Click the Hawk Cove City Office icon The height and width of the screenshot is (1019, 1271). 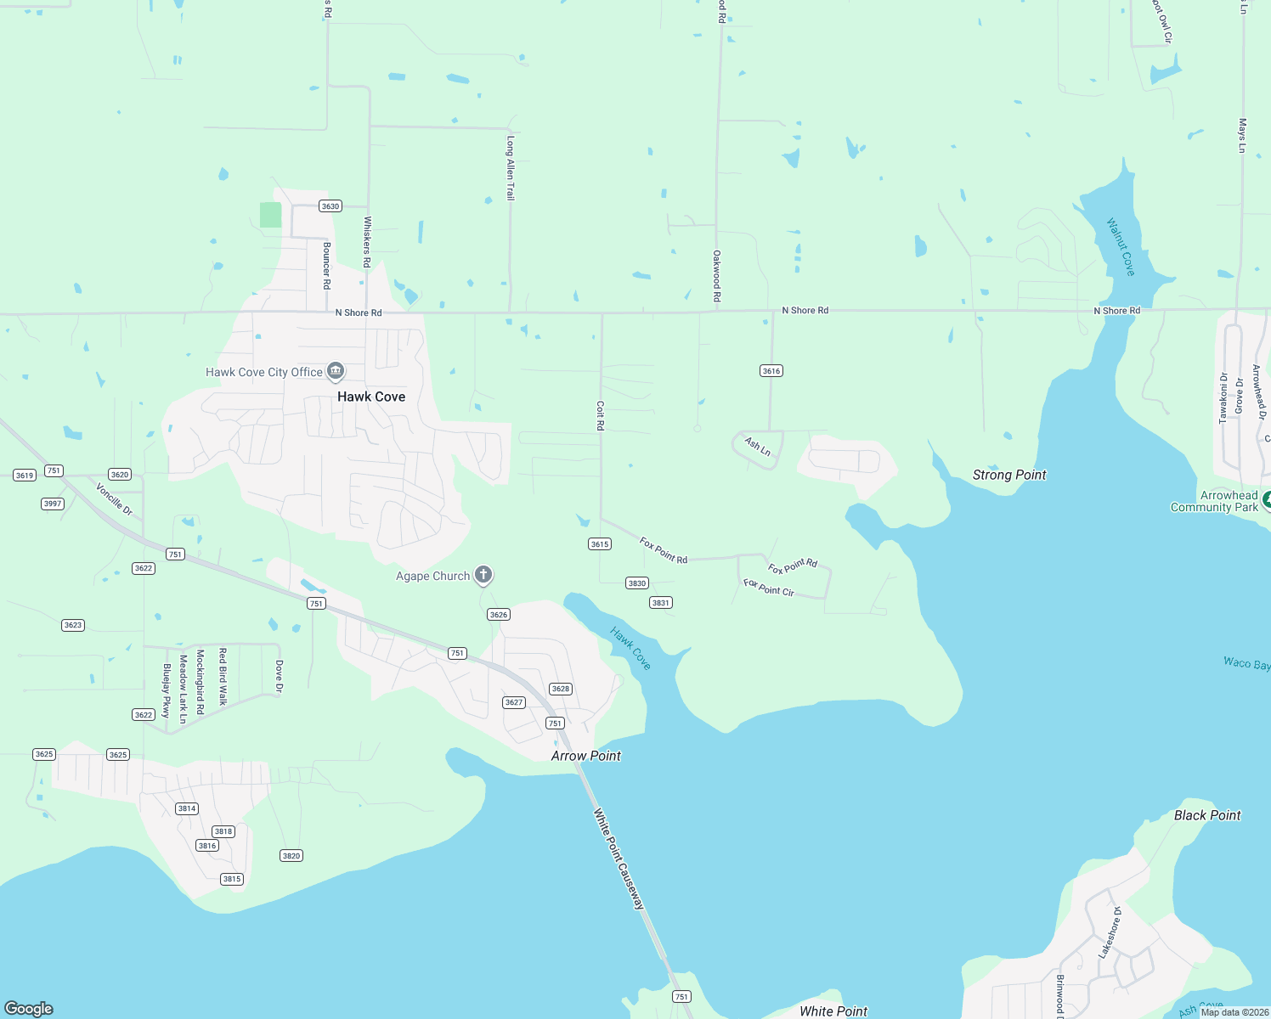(x=336, y=372)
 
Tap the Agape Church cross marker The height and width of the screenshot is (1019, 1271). (x=483, y=576)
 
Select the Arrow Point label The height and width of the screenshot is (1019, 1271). (x=586, y=756)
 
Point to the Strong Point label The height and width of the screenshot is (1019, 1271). (x=1009, y=475)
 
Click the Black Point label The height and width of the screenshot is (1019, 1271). (x=1207, y=815)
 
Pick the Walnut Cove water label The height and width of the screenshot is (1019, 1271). (x=1121, y=247)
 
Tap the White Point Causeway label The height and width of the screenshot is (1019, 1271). (x=619, y=859)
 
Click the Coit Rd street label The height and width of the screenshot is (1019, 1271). (x=600, y=415)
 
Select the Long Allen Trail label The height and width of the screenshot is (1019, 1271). (x=511, y=167)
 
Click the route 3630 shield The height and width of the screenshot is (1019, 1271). (x=330, y=206)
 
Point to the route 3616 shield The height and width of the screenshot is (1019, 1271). (x=771, y=371)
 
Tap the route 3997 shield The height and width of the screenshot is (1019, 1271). (x=53, y=504)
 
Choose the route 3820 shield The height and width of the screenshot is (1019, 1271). (x=291, y=856)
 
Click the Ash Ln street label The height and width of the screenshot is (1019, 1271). (x=757, y=447)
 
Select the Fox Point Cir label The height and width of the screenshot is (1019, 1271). (x=769, y=588)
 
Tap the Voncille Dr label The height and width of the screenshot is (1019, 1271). (x=114, y=499)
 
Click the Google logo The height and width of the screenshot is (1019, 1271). (x=29, y=1008)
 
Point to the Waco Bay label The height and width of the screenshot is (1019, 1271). (x=1246, y=662)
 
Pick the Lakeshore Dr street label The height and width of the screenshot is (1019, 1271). (x=1110, y=932)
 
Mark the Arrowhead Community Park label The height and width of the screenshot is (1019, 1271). (x=1214, y=501)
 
